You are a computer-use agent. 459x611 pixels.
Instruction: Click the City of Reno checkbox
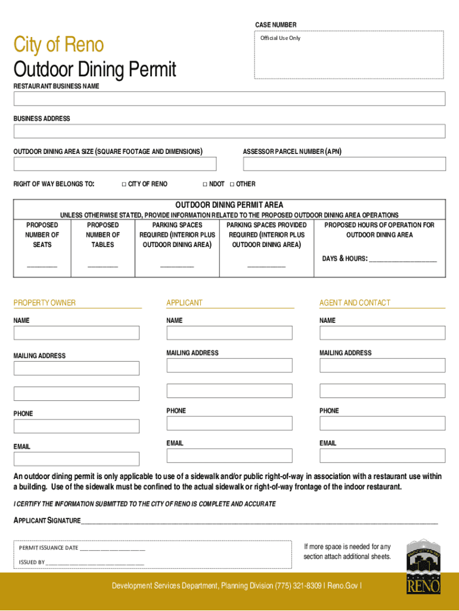[x=124, y=184]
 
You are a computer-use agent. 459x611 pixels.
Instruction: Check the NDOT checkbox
[x=205, y=184]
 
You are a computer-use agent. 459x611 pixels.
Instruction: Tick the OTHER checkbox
[x=232, y=184]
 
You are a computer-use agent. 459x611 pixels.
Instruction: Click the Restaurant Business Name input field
[x=229, y=98]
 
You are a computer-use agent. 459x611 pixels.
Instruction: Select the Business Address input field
[x=229, y=131]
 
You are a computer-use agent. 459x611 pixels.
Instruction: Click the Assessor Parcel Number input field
[x=344, y=163]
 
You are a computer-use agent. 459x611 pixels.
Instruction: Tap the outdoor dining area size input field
[x=115, y=163]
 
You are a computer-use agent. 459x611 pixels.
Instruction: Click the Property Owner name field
[x=76, y=333]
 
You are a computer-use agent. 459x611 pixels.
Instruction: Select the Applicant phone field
[x=229, y=424]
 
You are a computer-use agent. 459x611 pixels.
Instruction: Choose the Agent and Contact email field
[x=382, y=456]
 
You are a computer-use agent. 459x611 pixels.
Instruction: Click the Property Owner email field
[x=76, y=459]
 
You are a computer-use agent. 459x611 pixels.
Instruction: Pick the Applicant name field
[x=229, y=333]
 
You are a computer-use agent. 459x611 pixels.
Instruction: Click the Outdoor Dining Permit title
[x=95, y=70]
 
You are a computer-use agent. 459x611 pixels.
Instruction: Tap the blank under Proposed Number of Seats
[x=42, y=264]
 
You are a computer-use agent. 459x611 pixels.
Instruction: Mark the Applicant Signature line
[x=259, y=521]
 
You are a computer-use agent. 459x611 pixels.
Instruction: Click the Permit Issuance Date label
[x=48, y=548]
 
